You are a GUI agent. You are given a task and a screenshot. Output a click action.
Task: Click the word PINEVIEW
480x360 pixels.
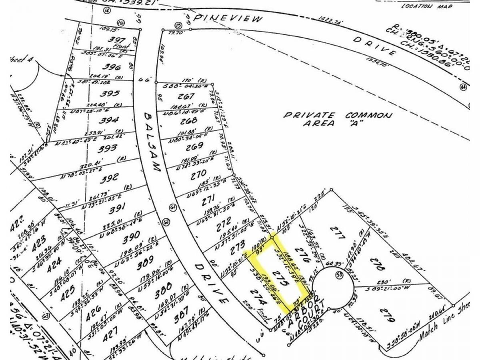click(228, 18)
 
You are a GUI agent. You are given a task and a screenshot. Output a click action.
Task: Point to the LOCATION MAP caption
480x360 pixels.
click(427, 6)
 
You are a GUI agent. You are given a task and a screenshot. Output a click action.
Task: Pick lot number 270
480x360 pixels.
click(198, 174)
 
